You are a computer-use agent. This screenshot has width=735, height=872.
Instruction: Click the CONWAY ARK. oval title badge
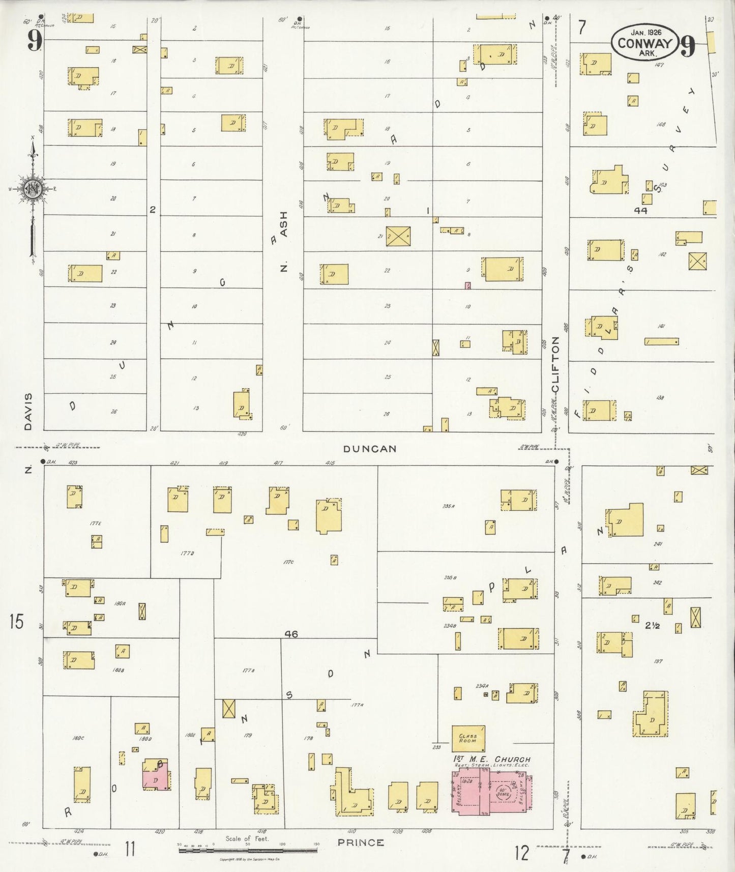coord(644,43)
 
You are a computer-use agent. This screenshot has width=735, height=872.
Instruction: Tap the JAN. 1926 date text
coord(644,33)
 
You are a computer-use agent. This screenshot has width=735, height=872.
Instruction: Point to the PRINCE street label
coord(361,842)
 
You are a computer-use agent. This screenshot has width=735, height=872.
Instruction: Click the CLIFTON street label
coord(555,364)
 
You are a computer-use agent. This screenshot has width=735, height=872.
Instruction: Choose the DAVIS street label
coord(28,411)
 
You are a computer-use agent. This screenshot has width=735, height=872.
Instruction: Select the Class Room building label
coord(468,738)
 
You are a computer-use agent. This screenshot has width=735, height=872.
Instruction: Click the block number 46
coord(291,634)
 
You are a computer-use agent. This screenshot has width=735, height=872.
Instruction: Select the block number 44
coord(640,210)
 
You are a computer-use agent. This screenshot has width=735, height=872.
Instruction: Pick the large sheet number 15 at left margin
coord(16,621)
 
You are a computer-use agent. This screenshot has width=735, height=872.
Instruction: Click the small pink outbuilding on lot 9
coord(467,285)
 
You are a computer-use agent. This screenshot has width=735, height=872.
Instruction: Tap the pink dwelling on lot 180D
coord(157,779)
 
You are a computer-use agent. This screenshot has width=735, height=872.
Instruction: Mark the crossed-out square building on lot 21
coord(398,236)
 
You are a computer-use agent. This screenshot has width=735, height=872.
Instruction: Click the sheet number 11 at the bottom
coord(130,849)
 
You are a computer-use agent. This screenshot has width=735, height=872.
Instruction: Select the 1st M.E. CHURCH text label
coord(491,759)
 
